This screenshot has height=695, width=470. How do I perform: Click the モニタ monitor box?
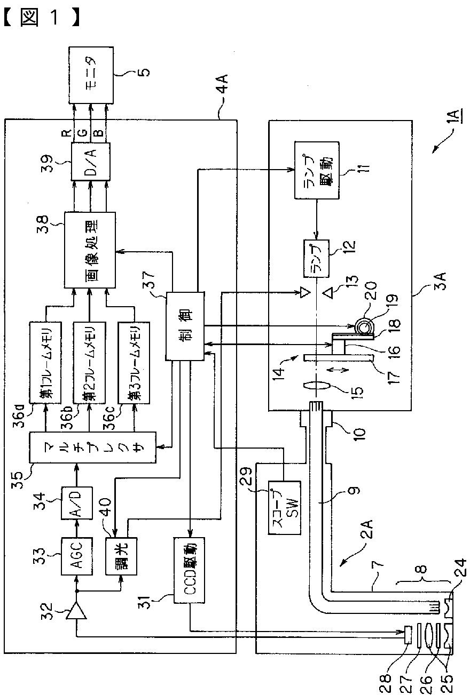tap(91, 75)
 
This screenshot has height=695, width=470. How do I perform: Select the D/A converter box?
tap(90, 161)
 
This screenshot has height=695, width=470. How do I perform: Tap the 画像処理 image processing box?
tap(90, 250)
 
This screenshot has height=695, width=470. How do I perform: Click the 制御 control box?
tap(185, 326)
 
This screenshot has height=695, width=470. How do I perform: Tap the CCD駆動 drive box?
tap(189, 570)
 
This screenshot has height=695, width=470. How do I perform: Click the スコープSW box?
tap(285, 508)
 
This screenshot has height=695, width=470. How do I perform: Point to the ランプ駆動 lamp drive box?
tap(317, 170)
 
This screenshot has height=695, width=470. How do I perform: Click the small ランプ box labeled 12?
tap(316, 259)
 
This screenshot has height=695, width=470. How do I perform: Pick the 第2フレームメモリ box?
tap(90, 363)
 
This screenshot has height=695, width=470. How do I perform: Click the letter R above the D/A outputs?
tap(67, 134)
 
